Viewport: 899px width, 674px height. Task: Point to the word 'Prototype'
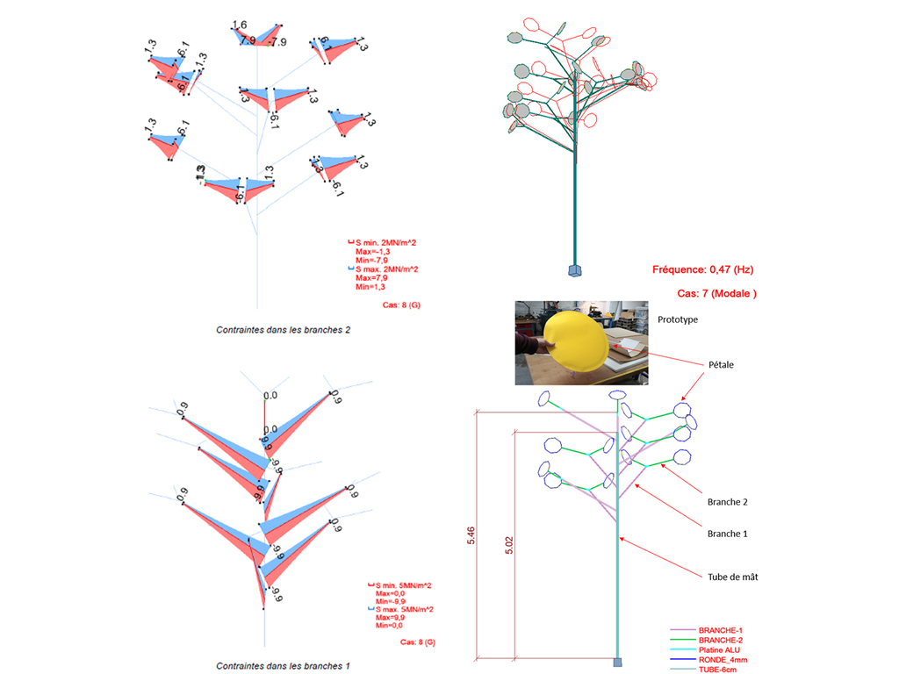tap(678, 320)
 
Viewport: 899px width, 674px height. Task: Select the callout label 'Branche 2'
tap(726, 502)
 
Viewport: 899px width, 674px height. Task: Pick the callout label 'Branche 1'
tap(726, 533)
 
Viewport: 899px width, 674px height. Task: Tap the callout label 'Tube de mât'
tap(733, 577)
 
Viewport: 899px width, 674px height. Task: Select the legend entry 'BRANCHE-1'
tap(722, 631)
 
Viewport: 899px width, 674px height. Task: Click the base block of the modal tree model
tap(575, 269)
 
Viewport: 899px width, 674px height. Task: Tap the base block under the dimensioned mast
tap(618, 662)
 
